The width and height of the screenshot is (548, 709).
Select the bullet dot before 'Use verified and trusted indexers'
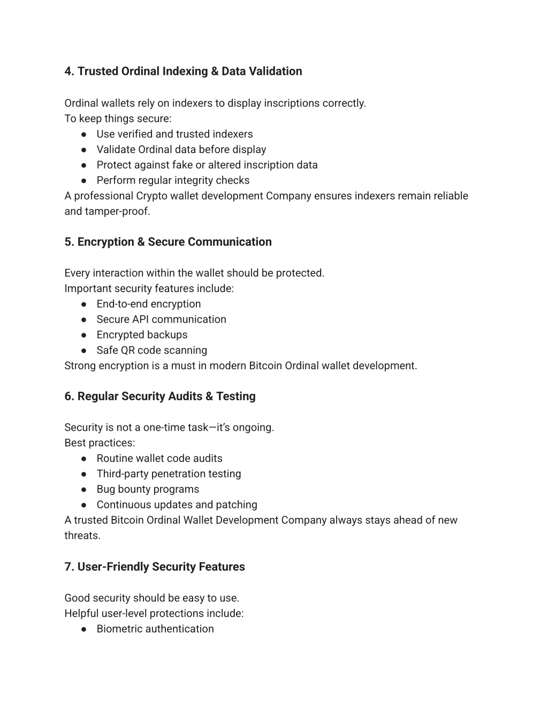(x=84, y=134)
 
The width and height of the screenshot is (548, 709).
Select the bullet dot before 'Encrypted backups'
(x=84, y=335)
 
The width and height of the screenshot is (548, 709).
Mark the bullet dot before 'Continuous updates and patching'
(x=84, y=505)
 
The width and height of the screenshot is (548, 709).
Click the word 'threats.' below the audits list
(x=82, y=536)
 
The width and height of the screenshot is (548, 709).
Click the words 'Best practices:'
(x=100, y=443)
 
